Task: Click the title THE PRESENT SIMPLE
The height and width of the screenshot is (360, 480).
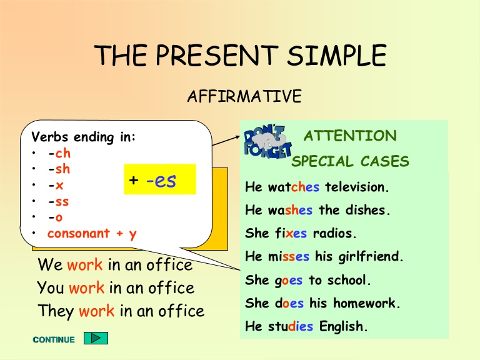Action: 240,56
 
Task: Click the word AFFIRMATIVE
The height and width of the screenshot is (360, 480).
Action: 244,97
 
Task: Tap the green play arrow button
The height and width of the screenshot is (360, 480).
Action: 96,338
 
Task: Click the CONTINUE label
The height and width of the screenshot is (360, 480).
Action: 54,340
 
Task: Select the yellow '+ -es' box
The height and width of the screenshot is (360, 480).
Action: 160,180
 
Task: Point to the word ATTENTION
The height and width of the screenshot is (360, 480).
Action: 350,136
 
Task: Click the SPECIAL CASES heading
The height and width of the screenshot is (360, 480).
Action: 351,162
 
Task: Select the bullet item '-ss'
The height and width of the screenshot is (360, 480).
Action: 58,202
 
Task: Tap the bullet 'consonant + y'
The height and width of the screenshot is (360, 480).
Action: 92,234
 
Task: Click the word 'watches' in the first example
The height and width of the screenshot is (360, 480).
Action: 294,187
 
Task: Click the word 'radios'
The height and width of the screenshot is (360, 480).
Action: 333,234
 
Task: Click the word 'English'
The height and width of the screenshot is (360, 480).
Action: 343,326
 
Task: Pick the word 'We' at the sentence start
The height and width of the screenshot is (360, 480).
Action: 50,265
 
